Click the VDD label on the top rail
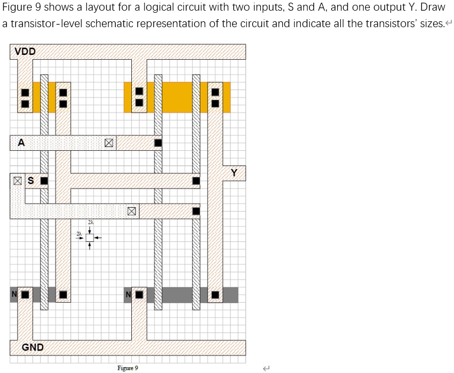pos(25,52)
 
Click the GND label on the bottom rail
pos(33,347)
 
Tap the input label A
pos(21,143)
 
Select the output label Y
pos(234,173)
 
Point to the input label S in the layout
pos(30,181)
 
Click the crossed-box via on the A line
pos(109,143)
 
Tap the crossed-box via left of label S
pos(18,181)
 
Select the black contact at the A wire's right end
pos(158,143)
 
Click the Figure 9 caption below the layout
pos(128,368)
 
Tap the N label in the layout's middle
pos(128,294)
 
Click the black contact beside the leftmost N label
pos(25,294)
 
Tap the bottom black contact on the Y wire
pos(215,294)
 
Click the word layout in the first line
pos(103,9)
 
